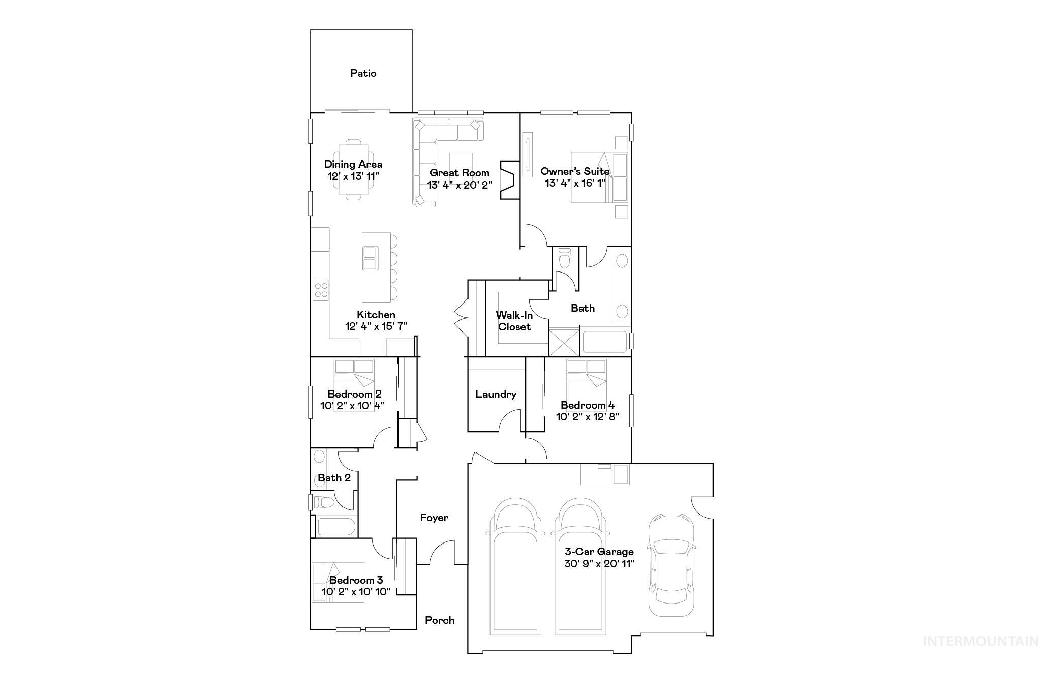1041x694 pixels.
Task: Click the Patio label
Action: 363,73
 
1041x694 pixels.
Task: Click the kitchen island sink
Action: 370,258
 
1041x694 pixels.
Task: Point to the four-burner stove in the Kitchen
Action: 321,290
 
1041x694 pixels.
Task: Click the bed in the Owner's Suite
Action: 592,177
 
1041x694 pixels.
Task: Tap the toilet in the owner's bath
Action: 564,258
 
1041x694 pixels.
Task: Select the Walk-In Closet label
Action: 514,321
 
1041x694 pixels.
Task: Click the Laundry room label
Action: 496,394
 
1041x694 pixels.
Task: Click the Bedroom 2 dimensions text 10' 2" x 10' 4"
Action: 352,406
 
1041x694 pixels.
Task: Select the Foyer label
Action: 434,518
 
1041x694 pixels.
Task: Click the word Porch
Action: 440,620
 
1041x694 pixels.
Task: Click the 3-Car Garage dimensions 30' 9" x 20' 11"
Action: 599,564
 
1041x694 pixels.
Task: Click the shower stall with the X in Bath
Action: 564,342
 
